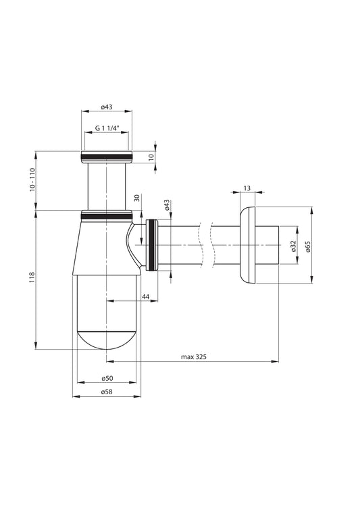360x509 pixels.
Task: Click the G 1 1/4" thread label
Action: [107, 128]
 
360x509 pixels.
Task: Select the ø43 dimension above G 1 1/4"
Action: [107, 107]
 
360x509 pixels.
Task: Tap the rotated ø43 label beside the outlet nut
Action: [166, 206]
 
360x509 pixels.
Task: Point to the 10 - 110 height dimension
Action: [32, 180]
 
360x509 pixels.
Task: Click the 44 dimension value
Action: [145, 296]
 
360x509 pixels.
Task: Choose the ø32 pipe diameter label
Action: [293, 246]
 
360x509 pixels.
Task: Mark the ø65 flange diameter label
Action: [307, 246]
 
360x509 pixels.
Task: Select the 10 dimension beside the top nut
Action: [151, 156]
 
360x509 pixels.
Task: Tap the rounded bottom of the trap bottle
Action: [107, 338]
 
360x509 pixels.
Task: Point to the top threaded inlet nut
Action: [107, 157]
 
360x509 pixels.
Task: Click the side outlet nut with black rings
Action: [153, 244]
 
